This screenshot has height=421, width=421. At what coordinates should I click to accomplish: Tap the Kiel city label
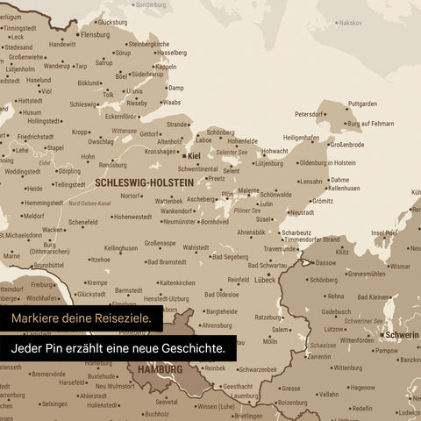tap(194, 156)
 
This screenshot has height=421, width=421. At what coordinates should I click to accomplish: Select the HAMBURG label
tap(160, 370)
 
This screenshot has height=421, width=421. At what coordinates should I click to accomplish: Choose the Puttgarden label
tap(362, 103)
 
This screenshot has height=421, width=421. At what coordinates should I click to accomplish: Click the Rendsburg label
tap(113, 164)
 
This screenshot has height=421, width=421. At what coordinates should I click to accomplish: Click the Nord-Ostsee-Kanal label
tap(89, 203)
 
